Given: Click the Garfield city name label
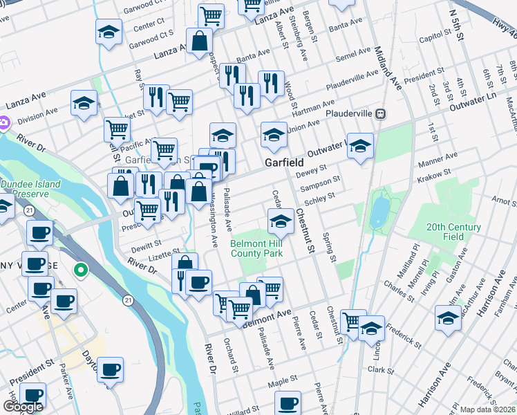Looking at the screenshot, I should pos(285,162).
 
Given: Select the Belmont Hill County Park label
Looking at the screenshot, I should pos(256,249).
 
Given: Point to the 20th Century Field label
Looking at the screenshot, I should pos(453,231).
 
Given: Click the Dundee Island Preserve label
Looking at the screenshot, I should pos(30,190).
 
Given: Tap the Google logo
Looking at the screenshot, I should pos(23,407).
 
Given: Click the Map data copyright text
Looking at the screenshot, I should pos(488,409).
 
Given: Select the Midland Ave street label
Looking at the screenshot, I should pos(387,69).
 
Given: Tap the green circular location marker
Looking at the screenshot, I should pos(81,270).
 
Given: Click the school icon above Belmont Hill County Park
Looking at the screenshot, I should pos(281,221).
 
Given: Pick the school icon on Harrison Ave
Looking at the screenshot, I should pos(448,318).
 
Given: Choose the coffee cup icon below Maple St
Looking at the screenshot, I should pos(288,403).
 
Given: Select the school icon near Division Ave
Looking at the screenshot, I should pos(84,104).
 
